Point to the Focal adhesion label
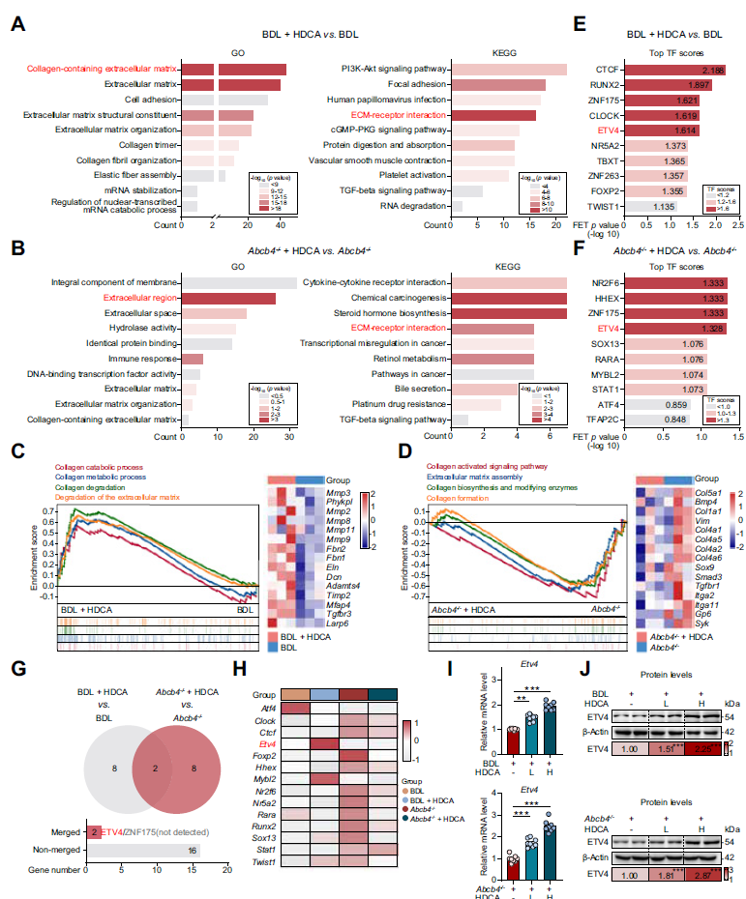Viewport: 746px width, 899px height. tap(413, 85)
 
